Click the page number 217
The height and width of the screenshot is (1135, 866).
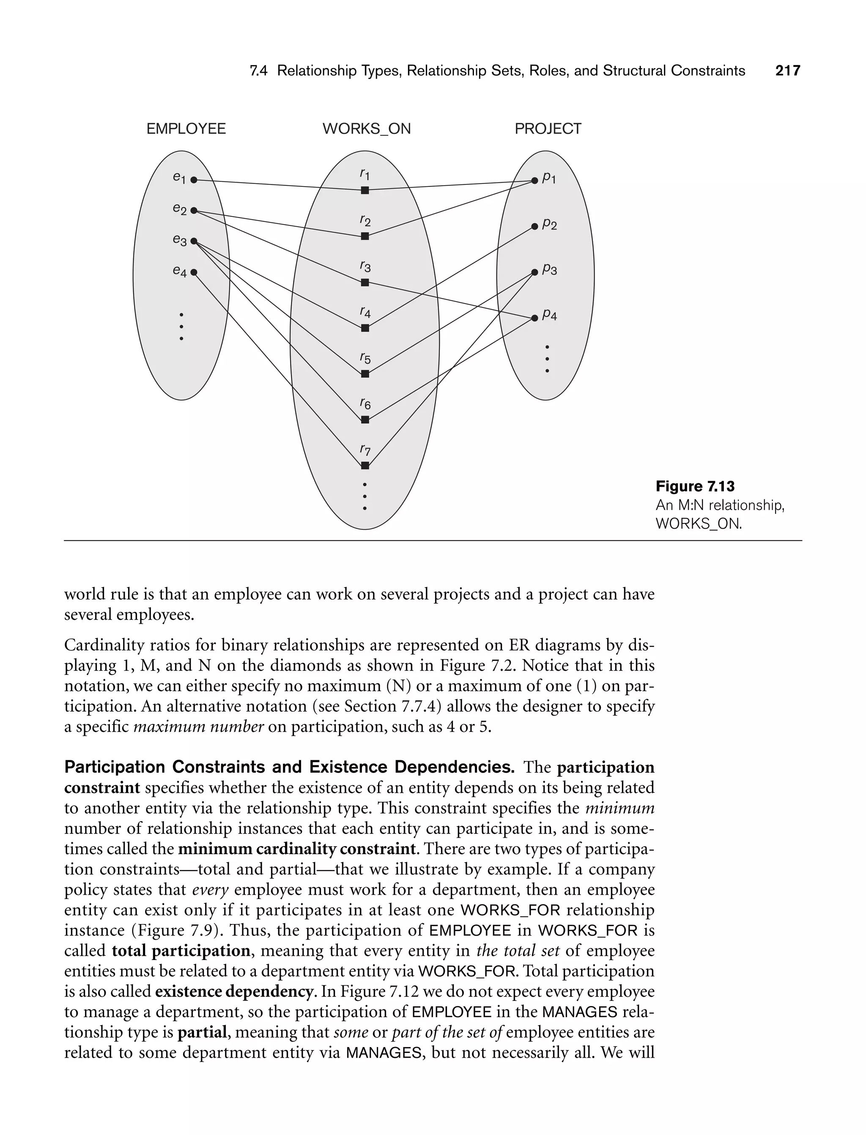pyautogui.click(x=788, y=71)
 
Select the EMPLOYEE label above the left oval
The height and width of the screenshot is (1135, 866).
pyautogui.click(x=186, y=129)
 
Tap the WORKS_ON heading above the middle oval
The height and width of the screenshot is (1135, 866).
pyautogui.click(x=367, y=129)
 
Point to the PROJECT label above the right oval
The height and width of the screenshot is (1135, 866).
pyautogui.click(x=548, y=129)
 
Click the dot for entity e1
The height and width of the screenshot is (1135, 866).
pyautogui.click(x=194, y=180)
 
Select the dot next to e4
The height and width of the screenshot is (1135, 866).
pyautogui.click(x=194, y=272)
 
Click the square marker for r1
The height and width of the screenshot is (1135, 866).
pyautogui.click(x=365, y=190)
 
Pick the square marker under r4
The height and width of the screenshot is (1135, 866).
pyautogui.click(x=365, y=328)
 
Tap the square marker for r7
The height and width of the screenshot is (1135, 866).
pyautogui.click(x=365, y=466)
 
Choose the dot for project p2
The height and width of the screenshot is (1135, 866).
pyautogui.click(x=534, y=226)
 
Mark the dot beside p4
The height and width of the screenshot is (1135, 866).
pyautogui.click(x=534, y=318)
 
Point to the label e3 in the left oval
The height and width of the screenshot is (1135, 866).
pyautogui.click(x=179, y=240)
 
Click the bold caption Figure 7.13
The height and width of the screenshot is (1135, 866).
pyautogui.click(x=695, y=486)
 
